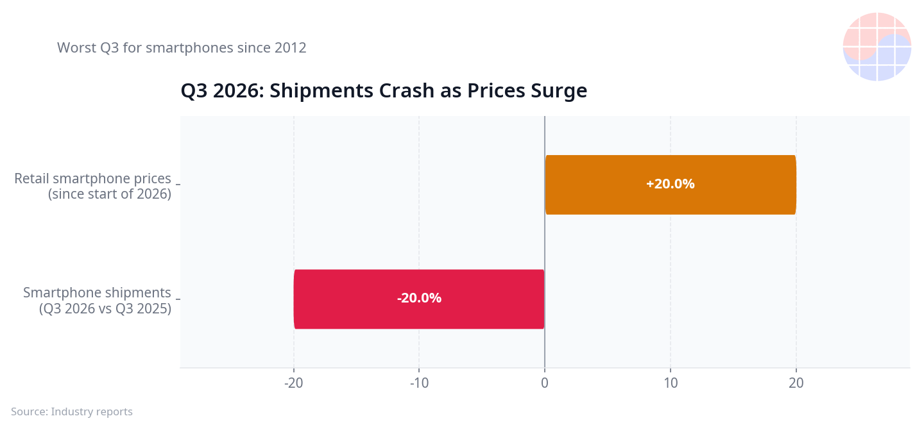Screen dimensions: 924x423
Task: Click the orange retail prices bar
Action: click(671, 185)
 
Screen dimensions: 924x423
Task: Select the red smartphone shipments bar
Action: click(419, 299)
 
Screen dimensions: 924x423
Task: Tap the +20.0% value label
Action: click(671, 184)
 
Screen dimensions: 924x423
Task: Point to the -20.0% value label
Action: click(419, 298)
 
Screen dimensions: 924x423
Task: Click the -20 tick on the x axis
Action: click(293, 383)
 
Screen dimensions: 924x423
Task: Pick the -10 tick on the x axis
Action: click(419, 383)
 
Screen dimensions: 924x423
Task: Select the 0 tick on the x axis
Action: click(545, 383)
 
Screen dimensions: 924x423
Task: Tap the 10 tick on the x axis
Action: click(671, 383)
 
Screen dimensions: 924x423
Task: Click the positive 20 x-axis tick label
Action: click(796, 383)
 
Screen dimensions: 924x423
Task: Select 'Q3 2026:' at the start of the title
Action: click(222, 90)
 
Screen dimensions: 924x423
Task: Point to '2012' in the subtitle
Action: click(291, 48)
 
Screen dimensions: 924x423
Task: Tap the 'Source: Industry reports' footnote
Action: click(72, 411)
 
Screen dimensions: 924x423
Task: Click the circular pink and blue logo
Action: click(877, 47)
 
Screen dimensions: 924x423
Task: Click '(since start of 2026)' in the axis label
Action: click(109, 194)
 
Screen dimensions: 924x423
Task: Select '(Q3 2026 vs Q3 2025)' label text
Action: click(105, 308)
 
